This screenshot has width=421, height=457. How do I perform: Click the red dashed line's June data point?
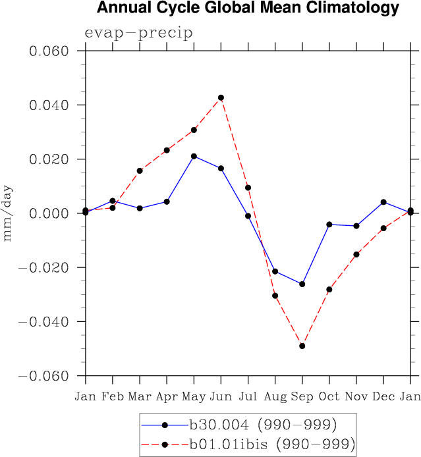point(221,97)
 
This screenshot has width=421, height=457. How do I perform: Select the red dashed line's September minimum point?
point(302,346)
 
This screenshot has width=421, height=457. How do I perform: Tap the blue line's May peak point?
point(194,156)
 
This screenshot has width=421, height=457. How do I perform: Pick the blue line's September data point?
point(302,284)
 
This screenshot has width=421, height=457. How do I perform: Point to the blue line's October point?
point(329,225)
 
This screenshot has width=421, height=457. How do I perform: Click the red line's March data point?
point(140,171)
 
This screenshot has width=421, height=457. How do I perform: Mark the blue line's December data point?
point(383,202)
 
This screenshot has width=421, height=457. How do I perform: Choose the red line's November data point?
point(356,254)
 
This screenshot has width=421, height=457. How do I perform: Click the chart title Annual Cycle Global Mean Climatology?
point(248,9)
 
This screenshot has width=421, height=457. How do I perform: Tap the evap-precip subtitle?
point(138,34)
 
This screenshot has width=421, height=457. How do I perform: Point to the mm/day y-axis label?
point(8,213)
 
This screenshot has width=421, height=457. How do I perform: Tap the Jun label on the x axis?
point(221,396)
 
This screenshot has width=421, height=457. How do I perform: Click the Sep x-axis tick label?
point(302,396)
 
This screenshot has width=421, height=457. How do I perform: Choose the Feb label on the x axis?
point(113,396)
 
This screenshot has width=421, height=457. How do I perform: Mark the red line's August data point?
point(275,296)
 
